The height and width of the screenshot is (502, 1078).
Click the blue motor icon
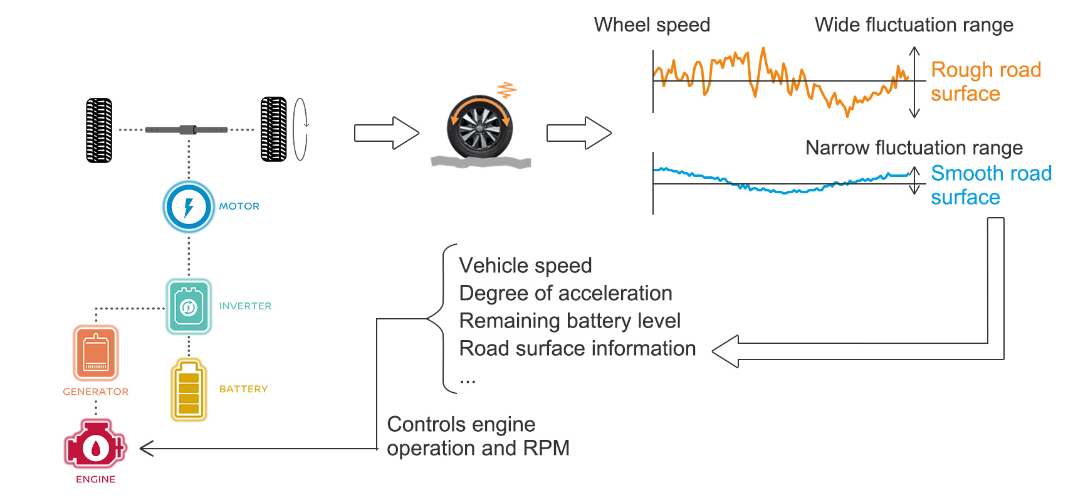click(189, 206)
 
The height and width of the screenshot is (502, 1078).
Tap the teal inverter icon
click(189, 306)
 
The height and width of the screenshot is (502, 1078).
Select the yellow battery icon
click(189, 390)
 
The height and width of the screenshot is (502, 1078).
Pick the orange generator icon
click(96, 353)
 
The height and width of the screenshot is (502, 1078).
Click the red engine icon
click(95, 444)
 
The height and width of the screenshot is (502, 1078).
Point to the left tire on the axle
click(99, 131)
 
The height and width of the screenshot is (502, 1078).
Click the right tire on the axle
click(274, 129)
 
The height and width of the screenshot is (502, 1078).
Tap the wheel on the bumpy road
click(480, 127)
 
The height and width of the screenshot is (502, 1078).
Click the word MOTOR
click(239, 206)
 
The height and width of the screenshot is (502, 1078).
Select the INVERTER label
click(245, 306)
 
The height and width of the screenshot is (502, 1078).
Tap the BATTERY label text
click(243, 389)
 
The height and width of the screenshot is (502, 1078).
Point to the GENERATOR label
click(95, 392)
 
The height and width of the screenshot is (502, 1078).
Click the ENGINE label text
click(95, 479)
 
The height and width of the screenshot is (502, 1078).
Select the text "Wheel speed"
click(652, 25)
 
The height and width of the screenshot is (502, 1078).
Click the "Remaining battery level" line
click(570, 321)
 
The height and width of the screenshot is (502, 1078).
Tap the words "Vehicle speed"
click(525, 266)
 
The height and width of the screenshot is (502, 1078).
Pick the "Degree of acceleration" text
click(565, 294)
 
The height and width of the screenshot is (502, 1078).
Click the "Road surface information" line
click(577, 348)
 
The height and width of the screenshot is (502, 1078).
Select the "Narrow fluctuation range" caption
click(914, 148)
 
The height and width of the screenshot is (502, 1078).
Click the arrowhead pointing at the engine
click(147, 449)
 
